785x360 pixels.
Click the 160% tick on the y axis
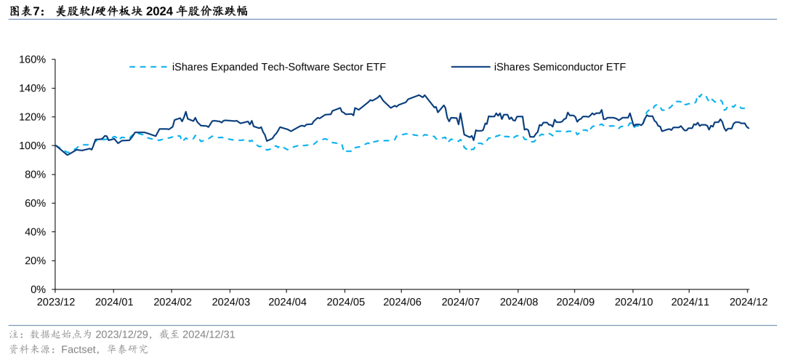[32, 60]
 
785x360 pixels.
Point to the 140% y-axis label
[32, 88]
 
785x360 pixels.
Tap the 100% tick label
[32, 145]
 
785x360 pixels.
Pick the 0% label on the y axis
[37, 289]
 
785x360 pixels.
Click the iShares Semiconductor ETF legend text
[560, 67]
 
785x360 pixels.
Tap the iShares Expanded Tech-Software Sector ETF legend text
[279, 67]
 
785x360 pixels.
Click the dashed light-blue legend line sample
[148, 67]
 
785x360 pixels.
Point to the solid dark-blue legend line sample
[470, 67]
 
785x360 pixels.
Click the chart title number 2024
[160, 11]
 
